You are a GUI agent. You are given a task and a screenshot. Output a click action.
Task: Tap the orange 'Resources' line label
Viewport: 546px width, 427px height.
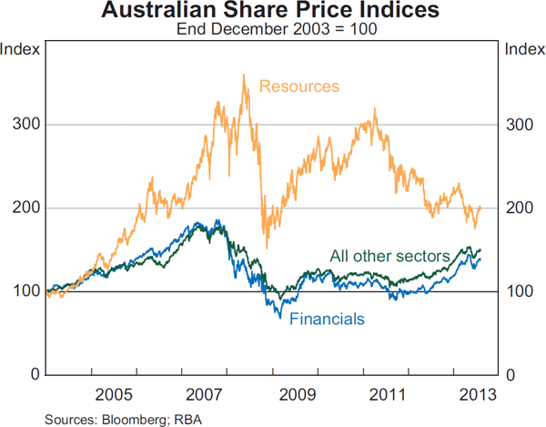click(298, 86)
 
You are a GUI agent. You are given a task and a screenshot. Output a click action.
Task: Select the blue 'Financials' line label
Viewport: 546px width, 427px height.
click(327, 319)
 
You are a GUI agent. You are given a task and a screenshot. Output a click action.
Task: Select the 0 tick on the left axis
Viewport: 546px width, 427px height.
click(31, 375)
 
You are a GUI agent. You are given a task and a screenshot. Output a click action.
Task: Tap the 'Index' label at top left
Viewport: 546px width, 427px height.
click(21, 48)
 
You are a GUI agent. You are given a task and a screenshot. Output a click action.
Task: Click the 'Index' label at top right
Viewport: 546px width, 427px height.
click(524, 48)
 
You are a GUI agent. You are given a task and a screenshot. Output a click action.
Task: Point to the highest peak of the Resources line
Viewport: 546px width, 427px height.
click(243, 76)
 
